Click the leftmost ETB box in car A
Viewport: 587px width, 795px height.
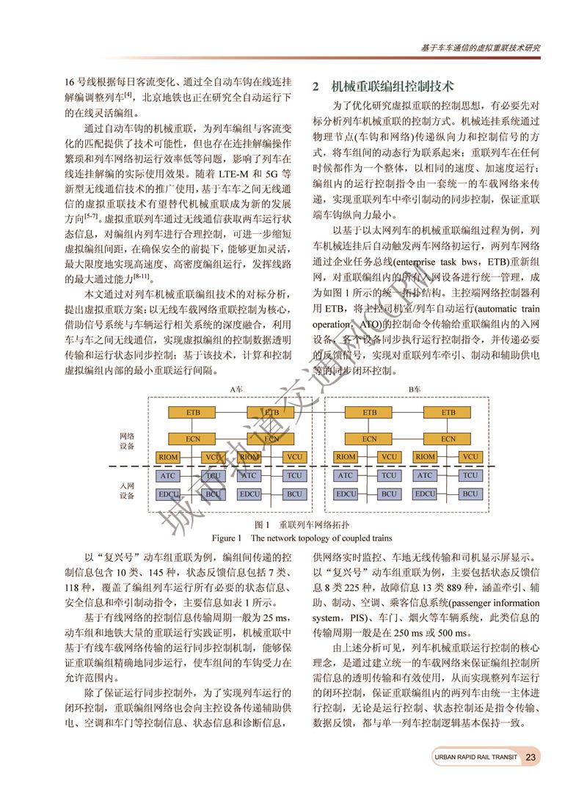(x=193, y=412)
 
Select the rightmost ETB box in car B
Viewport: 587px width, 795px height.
(x=448, y=412)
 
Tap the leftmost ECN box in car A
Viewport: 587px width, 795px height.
(x=193, y=439)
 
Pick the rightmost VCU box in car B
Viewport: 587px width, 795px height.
(x=470, y=457)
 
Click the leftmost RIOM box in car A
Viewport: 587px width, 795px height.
(x=169, y=457)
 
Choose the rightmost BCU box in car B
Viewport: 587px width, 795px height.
(x=470, y=494)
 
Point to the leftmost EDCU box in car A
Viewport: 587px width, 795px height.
(x=169, y=494)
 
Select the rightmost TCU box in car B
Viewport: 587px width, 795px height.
(x=470, y=475)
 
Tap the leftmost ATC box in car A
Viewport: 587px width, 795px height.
(x=169, y=475)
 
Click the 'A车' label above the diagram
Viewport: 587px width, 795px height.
(x=236, y=389)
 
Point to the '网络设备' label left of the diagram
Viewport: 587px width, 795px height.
(x=127, y=441)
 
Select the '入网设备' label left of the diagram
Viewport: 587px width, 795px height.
(x=127, y=491)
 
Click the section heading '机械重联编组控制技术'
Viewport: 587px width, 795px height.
(x=393, y=87)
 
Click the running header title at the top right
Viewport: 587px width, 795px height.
(x=481, y=47)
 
